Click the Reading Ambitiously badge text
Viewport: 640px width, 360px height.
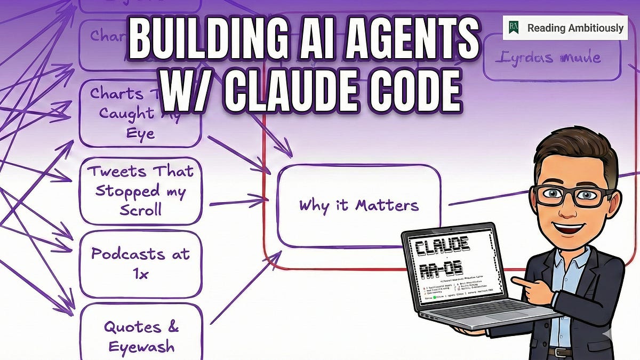coord(575,28)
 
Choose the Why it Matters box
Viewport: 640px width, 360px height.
coord(358,205)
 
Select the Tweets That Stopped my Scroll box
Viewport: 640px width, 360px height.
coord(140,190)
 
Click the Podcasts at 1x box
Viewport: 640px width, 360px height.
coord(140,263)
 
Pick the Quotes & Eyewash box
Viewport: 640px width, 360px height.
coord(140,336)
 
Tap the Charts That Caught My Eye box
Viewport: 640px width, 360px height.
coord(140,113)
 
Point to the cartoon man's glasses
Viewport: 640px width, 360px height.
coord(573,195)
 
